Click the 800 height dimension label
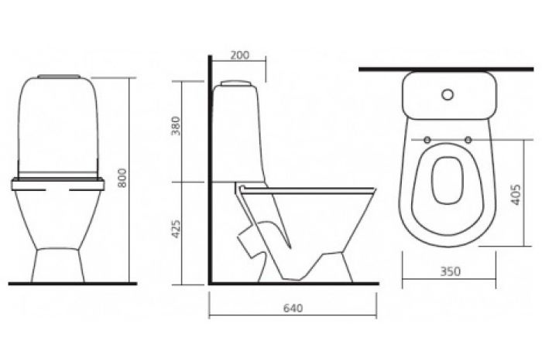coord(122,178)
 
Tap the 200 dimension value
coord(240,55)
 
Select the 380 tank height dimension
coord(177,126)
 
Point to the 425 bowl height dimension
coord(177,229)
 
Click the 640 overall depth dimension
coord(293,308)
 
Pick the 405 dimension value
coord(516,195)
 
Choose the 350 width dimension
coord(451,271)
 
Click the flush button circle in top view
coord(448,95)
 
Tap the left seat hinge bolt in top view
coord(427,140)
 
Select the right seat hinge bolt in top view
coord(468,140)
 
